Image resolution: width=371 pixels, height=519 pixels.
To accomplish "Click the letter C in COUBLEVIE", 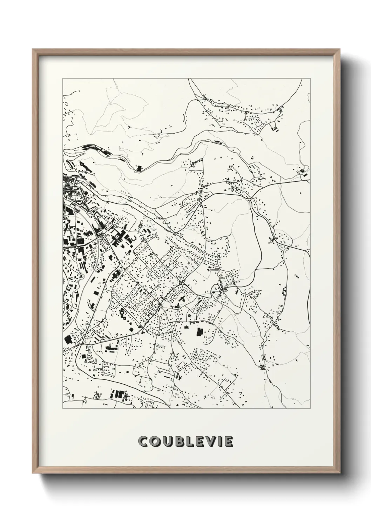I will click(x=143, y=442).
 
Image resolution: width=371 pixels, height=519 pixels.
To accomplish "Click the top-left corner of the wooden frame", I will click(x=33, y=49).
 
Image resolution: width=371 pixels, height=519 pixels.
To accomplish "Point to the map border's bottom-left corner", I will click(x=63, y=408).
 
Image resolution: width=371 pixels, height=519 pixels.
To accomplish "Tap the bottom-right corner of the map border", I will click(x=310, y=408).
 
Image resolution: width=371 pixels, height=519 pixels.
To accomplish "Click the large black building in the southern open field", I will click(x=200, y=332).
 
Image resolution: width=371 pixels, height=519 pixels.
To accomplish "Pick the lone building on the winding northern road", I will click(x=139, y=169).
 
